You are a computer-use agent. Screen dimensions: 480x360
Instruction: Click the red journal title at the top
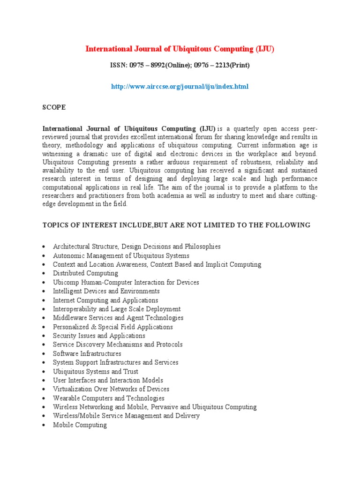(x=180, y=49)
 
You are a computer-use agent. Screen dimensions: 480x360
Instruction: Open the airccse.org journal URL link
(x=180, y=87)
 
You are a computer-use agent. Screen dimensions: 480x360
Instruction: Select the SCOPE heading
(x=54, y=107)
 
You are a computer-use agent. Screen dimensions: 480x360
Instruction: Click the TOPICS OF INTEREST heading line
(x=176, y=225)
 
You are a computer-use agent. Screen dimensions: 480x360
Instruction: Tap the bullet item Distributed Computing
(x=85, y=273)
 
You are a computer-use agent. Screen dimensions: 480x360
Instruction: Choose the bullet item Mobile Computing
(x=80, y=425)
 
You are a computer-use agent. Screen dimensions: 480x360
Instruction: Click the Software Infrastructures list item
(x=87, y=353)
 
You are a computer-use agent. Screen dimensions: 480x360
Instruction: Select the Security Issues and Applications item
(x=99, y=336)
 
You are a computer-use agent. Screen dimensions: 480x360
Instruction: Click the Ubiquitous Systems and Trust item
(x=96, y=371)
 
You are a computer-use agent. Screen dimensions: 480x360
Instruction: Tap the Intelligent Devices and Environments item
(x=106, y=291)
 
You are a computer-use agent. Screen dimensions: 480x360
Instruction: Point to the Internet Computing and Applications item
(x=105, y=300)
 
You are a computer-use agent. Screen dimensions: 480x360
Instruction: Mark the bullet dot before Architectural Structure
(x=43, y=247)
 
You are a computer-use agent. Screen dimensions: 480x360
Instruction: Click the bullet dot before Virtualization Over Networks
(x=43, y=390)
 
